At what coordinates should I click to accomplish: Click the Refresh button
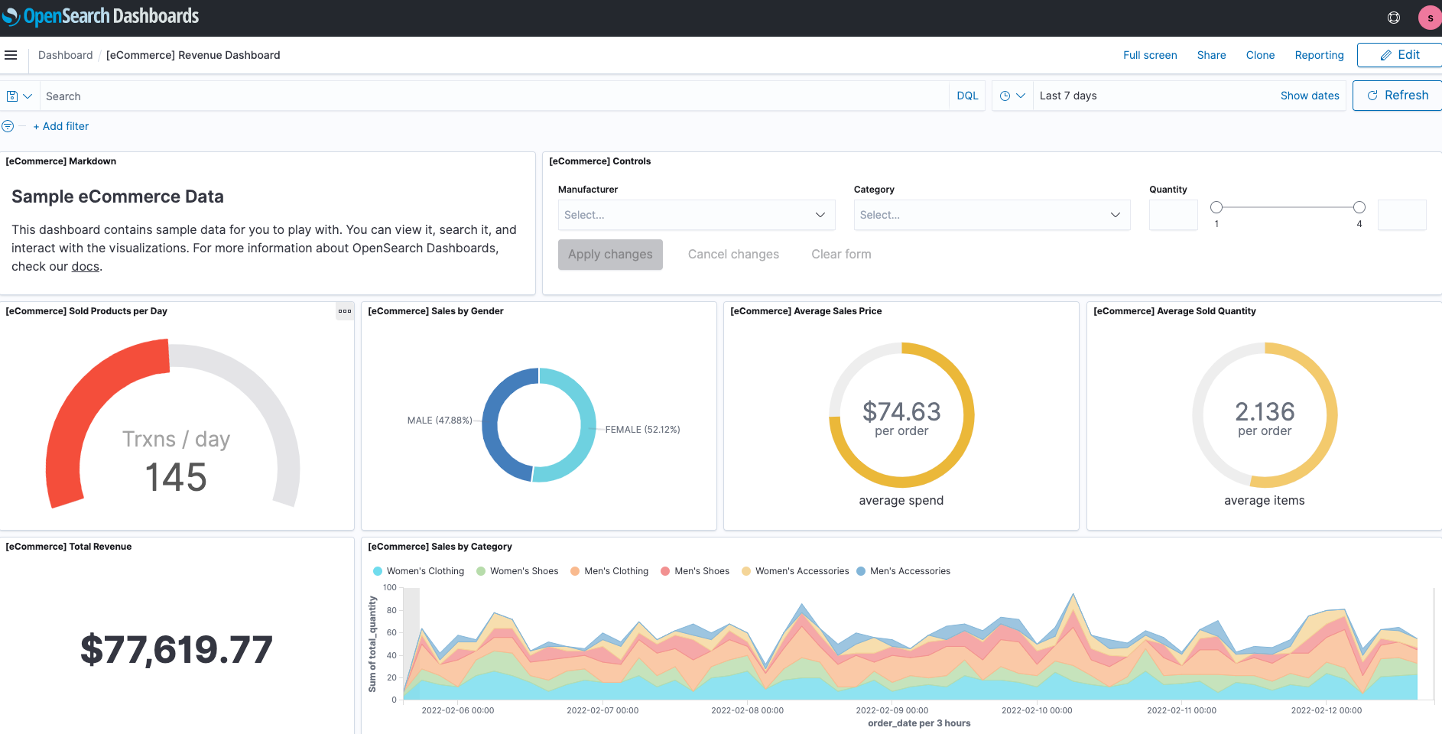coord(1397,96)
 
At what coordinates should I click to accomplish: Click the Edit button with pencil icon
coord(1399,55)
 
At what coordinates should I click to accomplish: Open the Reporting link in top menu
coord(1319,55)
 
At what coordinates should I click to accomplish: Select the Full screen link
coord(1149,55)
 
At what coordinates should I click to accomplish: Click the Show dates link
coord(1309,96)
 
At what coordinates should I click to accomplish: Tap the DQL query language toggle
coord(967,96)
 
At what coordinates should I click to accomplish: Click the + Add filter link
coord(61,126)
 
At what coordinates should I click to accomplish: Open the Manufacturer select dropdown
coord(696,215)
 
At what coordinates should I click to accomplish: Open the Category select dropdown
coord(992,215)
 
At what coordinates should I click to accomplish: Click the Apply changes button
coord(610,255)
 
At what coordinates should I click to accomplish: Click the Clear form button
coord(841,255)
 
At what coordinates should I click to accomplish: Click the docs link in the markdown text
coord(85,267)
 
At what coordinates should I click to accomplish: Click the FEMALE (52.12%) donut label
coord(642,430)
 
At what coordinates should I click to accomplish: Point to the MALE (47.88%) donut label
coord(440,421)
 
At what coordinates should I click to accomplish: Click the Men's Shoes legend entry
coord(701,571)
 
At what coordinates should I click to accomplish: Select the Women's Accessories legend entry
coord(801,571)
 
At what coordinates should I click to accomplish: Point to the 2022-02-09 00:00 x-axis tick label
coord(892,710)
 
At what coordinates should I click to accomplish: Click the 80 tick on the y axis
coord(391,610)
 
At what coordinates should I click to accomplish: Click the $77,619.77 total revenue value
coord(177,650)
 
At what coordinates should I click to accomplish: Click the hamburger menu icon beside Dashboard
coord(11,55)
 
